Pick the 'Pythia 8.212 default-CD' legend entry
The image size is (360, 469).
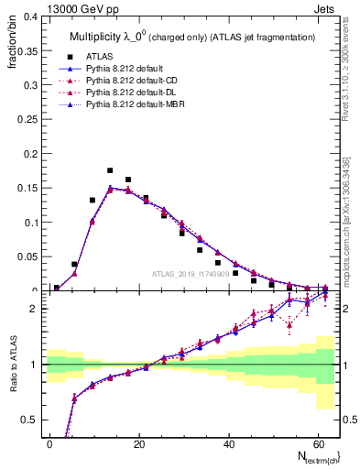136,82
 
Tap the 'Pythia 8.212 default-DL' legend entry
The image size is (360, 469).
136,94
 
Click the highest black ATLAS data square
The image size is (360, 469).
110,170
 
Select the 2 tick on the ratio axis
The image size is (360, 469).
35,309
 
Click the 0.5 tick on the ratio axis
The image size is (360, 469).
30,420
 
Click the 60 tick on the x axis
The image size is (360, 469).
317,442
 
